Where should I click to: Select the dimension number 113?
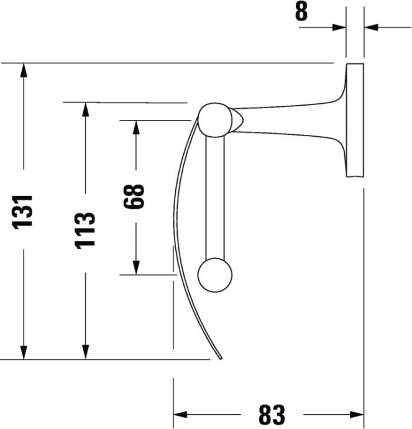pos(86,230)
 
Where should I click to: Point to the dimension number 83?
pos(270,414)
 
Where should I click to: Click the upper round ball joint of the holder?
pos(214,119)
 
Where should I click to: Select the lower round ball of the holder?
pos(214,274)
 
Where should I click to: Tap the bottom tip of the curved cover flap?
pos(220,357)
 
